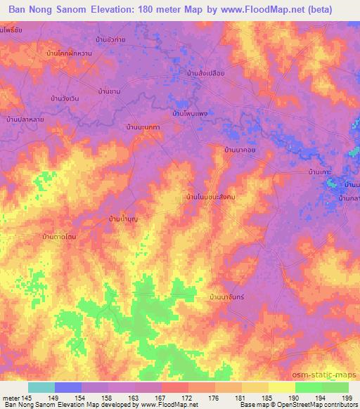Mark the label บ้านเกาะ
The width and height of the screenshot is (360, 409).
click(x=319, y=171)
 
